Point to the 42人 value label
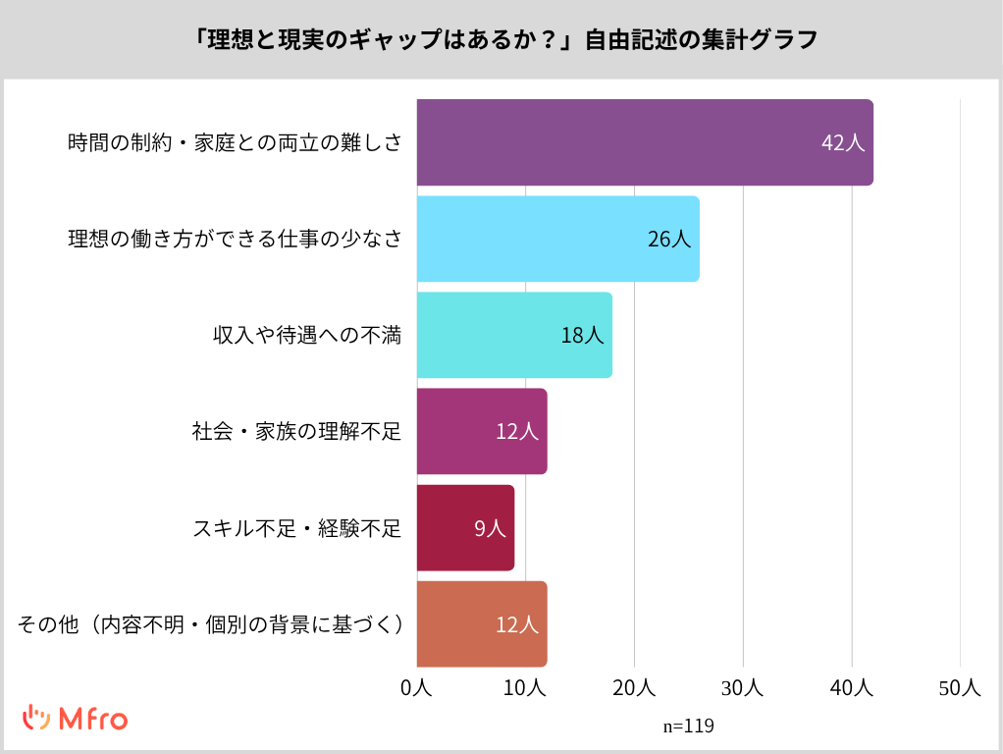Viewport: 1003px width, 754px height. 842,142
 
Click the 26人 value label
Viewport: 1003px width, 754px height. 669,239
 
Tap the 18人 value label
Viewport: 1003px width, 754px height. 582,335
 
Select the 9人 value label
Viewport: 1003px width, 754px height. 490,528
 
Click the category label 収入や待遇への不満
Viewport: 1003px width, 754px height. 307,335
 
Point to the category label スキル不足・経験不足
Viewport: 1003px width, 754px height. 296,528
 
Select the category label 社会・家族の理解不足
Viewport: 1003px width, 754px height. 296,431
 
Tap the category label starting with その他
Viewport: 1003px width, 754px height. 211,624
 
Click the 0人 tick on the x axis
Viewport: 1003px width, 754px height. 417,688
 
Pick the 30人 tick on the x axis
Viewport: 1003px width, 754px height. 743,688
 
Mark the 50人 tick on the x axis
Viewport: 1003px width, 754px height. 960,688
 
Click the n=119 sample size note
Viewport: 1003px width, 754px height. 688,727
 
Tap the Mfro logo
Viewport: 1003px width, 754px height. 75,719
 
